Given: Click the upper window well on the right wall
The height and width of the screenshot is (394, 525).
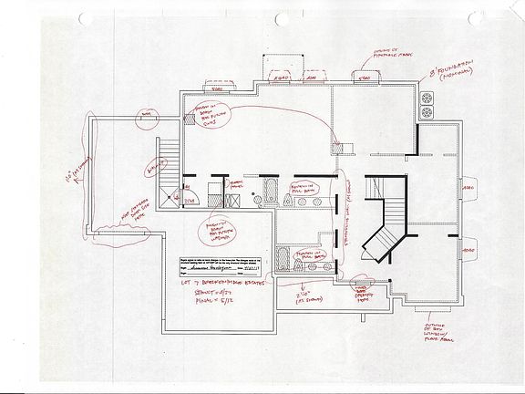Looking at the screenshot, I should (x=468, y=189).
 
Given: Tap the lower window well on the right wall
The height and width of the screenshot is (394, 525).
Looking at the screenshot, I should (x=468, y=246).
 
